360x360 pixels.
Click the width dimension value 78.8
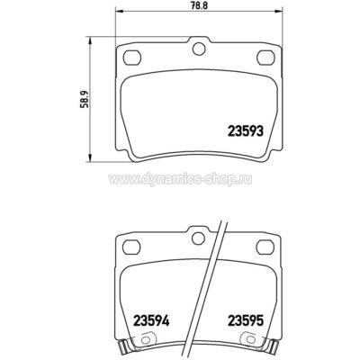pyautogui.click(x=200, y=5)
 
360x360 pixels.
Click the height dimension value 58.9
pyautogui.click(x=85, y=100)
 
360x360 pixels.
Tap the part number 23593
pyautogui.click(x=246, y=131)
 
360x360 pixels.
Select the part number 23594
pyautogui.click(x=151, y=320)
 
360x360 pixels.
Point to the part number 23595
pyautogui.click(x=246, y=320)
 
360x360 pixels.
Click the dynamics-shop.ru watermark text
pyautogui.click(x=180, y=179)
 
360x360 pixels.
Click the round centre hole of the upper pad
pyautogui.click(x=199, y=49)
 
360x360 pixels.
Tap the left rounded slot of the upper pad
pyautogui.click(x=132, y=57)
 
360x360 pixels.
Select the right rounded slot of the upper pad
pyautogui.click(x=266, y=57)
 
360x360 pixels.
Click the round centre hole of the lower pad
pyautogui.click(x=198, y=238)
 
